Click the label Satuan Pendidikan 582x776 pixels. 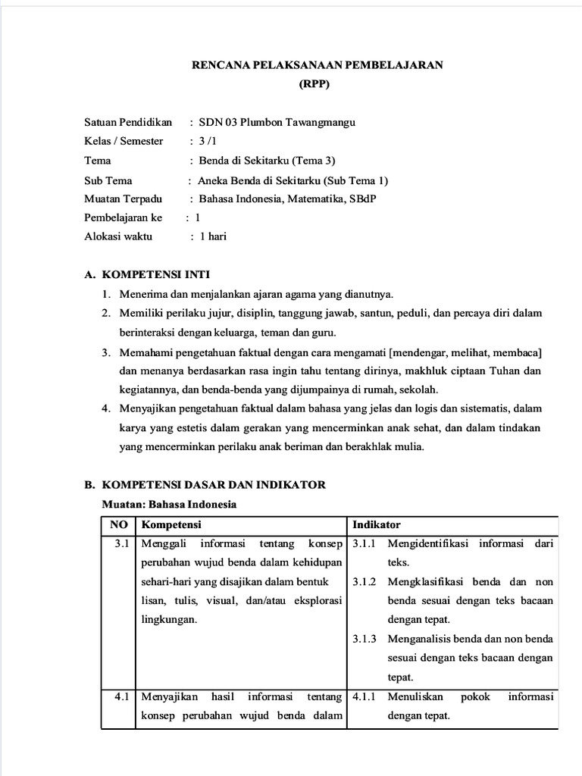click(128, 122)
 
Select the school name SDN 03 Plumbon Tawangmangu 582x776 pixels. click(277, 122)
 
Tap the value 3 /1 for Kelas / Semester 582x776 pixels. click(207, 141)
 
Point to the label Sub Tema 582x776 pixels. click(108, 180)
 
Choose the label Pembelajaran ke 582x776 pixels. click(124, 217)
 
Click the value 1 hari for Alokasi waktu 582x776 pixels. click(212, 236)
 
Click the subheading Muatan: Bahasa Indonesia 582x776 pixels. click(170, 504)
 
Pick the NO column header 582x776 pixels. click(118, 524)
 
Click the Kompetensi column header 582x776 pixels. click(172, 524)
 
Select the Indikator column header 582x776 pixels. click(377, 524)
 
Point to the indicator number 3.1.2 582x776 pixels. click(365, 582)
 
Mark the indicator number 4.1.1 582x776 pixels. click(365, 696)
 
